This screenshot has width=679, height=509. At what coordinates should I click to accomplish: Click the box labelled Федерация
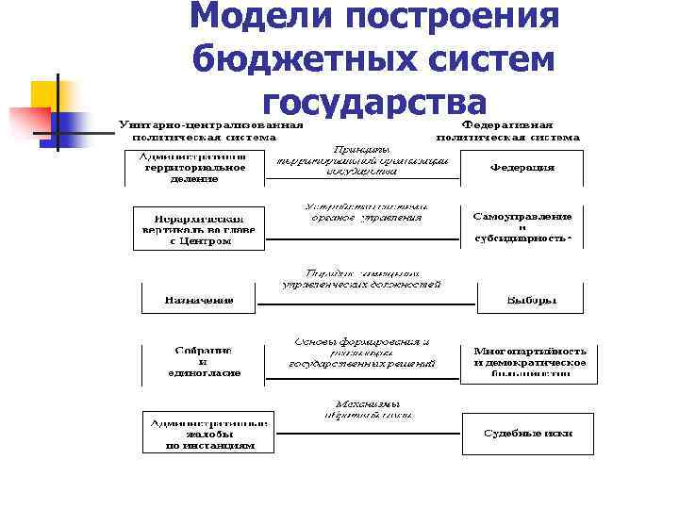pos(522,168)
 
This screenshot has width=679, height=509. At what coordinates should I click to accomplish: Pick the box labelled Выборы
pos(531,300)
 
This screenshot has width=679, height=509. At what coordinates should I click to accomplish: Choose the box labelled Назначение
pos(199,300)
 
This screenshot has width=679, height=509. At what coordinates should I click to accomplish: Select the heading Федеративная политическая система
pos(507,130)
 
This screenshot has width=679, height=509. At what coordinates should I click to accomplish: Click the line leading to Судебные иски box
pos(367,433)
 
